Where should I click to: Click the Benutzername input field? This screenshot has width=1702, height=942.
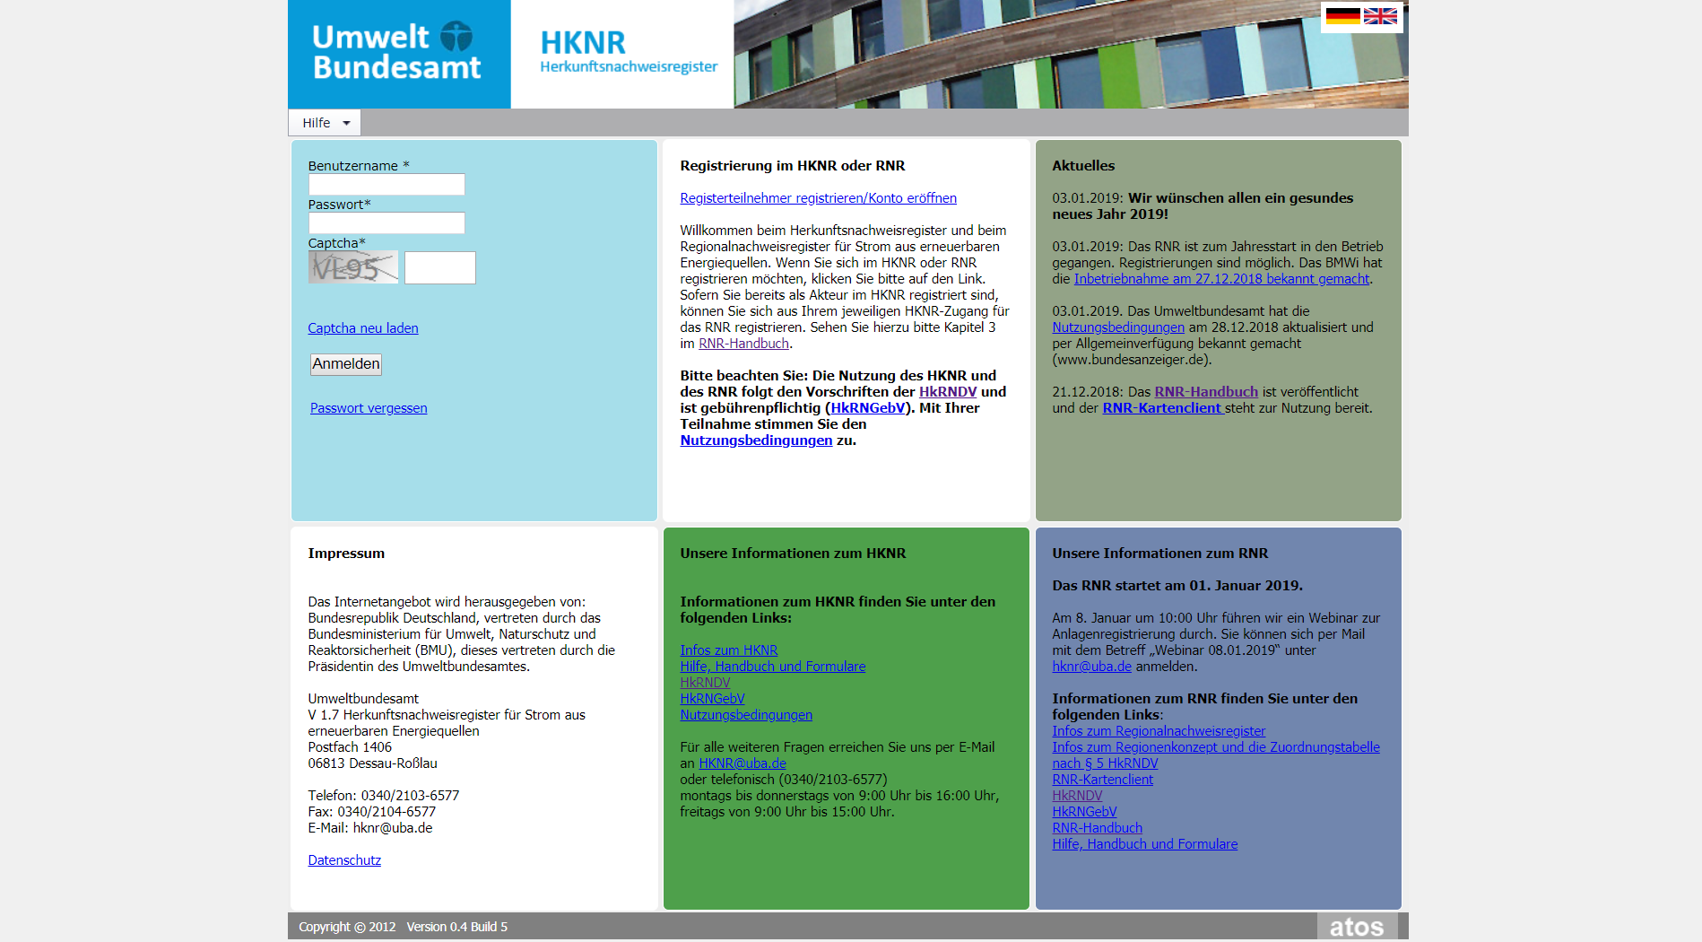tap(386, 185)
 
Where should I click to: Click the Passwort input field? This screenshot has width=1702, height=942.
tap(386, 223)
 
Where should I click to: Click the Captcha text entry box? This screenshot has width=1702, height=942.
tap(439, 268)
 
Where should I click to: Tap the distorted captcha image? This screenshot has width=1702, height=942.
tap(353, 267)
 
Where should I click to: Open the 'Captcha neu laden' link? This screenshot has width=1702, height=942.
tap(363, 328)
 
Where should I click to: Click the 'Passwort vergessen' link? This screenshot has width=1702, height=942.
tap(369, 408)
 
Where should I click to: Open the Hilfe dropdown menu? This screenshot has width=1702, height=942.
tap(325, 123)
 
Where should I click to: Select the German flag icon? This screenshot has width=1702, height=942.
tap(1342, 16)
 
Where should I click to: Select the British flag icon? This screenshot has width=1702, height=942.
tap(1380, 16)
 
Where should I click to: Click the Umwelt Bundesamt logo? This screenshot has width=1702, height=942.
tap(398, 53)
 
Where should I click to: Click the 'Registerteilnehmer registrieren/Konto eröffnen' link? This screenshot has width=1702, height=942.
tap(818, 198)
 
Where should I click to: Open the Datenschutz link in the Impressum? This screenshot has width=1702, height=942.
tap(344, 860)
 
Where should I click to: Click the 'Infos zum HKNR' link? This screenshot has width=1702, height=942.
tap(728, 650)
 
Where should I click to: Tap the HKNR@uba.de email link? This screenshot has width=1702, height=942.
tap(742, 763)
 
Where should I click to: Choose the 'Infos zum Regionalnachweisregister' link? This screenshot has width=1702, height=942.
tap(1159, 731)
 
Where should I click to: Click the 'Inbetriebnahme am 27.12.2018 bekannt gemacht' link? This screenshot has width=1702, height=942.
tap(1221, 279)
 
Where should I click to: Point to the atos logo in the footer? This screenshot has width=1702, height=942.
tap(1356, 927)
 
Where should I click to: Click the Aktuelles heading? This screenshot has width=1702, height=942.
tap(1083, 166)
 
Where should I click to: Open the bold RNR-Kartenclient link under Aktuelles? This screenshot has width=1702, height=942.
tap(1162, 408)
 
